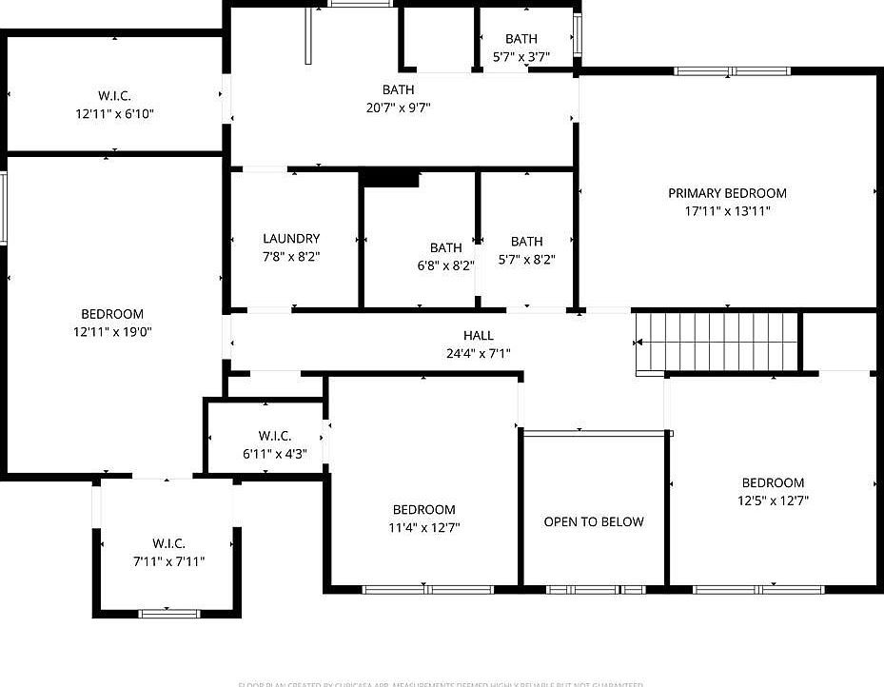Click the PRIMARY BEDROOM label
727,193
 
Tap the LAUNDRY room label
291,239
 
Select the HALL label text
479,336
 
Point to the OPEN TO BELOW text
594,521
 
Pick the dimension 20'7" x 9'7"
399,108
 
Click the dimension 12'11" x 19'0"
112,332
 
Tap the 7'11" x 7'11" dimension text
168,561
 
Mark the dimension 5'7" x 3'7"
521,56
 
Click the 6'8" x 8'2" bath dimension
445,265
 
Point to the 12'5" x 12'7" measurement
773,501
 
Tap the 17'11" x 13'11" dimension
727,211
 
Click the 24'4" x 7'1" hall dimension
479,354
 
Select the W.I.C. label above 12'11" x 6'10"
114,95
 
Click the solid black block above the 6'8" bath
389,178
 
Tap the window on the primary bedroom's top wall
733,70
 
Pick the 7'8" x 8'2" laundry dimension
291,256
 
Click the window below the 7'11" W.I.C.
169,614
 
